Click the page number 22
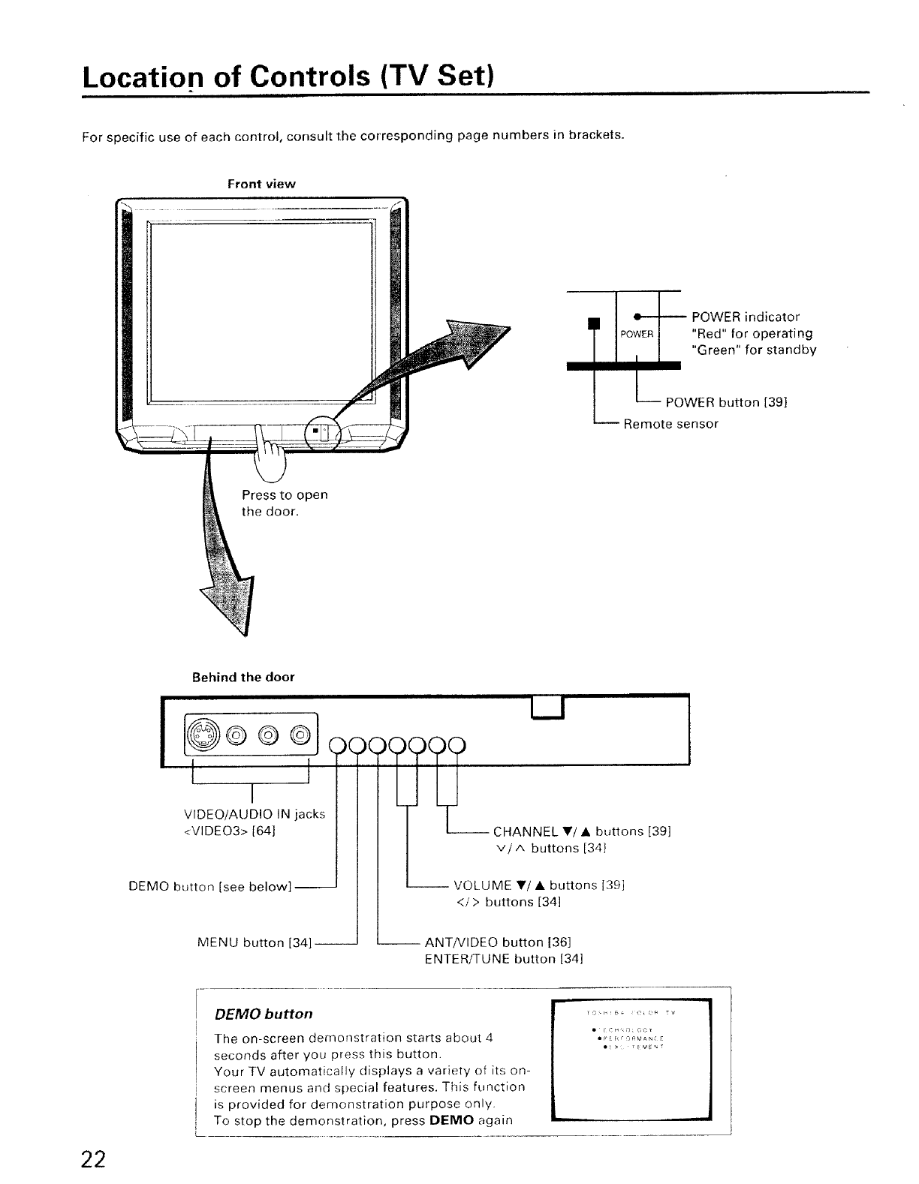[x=93, y=1159]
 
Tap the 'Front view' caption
[x=261, y=184]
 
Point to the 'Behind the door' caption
[x=243, y=677]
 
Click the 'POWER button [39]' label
[x=726, y=403]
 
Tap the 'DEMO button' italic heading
[x=264, y=1014]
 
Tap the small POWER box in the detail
[x=637, y=335]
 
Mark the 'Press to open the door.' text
[x=285, y=503]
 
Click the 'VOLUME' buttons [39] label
[x=540, y=885]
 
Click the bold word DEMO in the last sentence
[x=451, y=1121]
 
